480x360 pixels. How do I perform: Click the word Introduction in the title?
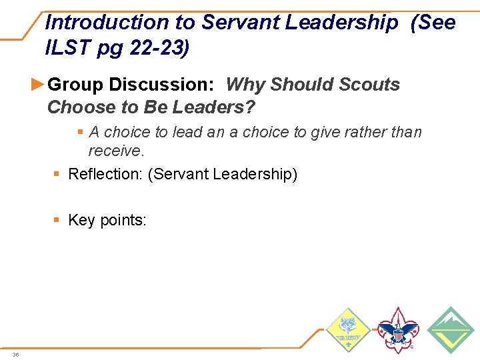click(107, 22)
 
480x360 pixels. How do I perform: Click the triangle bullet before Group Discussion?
click(39, 85)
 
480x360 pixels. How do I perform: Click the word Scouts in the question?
click(369, 85)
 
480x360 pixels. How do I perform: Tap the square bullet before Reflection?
click(58, 175)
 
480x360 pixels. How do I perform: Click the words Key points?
click(107, 221)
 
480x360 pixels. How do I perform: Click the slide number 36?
click(15, 354)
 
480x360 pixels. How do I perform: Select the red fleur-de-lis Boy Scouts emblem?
click(397, 329)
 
